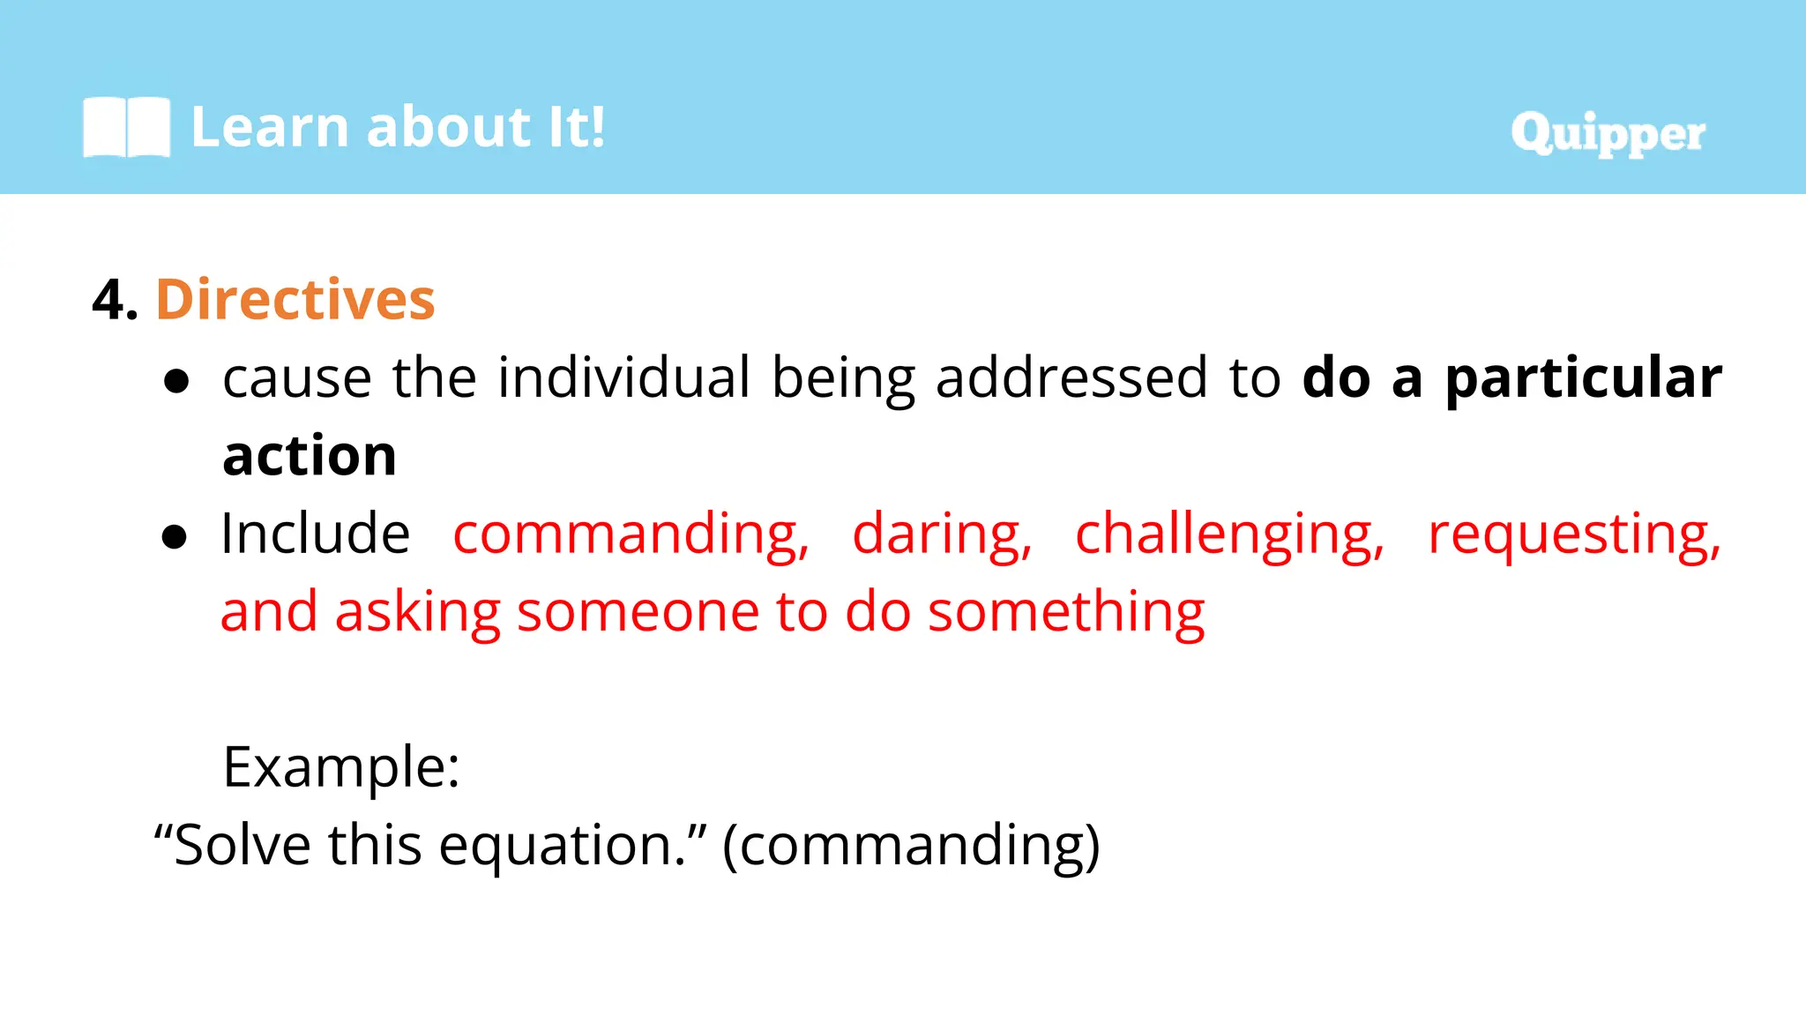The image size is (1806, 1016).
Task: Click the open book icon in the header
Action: point(126,128)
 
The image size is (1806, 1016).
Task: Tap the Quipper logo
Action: point(1607,134)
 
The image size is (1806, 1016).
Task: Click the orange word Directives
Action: point(295,300)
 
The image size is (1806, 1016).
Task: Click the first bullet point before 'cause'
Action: point(176,381)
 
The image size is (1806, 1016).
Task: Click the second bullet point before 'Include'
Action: point(175,536)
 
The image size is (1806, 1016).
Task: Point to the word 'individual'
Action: point(623,377)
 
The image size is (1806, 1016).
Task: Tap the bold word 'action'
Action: point(310,456)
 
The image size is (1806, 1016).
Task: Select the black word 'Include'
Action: point(316,534)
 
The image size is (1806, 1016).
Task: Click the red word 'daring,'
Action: point(942,534)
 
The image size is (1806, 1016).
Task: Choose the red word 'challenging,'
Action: point(1229,534)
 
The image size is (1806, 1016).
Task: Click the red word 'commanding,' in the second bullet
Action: point(631,534)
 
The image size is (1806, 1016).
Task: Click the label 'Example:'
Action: point(341,767)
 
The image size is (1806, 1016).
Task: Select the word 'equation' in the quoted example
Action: point(556,846)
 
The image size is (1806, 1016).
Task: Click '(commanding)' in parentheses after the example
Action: point(911,846)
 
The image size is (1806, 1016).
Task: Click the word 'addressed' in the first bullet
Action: point(1071,377)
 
